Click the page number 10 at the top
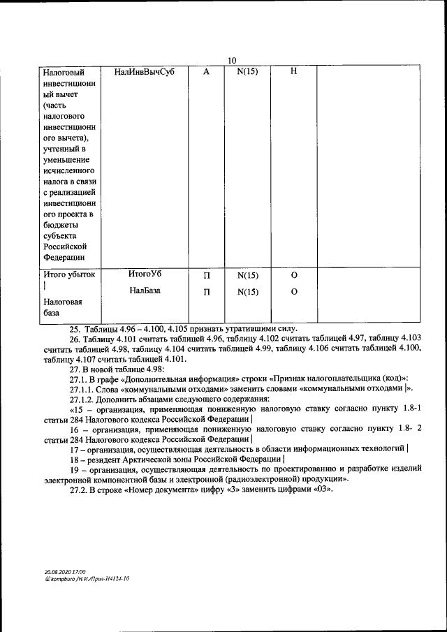[232, 61]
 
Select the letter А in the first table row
[206, 72]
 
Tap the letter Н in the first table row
[293, 72]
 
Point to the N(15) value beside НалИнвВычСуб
[248, 72]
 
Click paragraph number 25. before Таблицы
[75, 329]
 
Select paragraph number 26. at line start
[75, 339]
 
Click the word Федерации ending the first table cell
[64, 257]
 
